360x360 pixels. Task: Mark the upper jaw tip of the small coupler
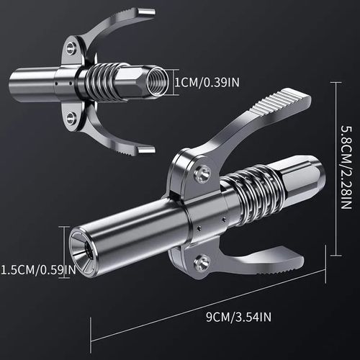click(147, 11)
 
